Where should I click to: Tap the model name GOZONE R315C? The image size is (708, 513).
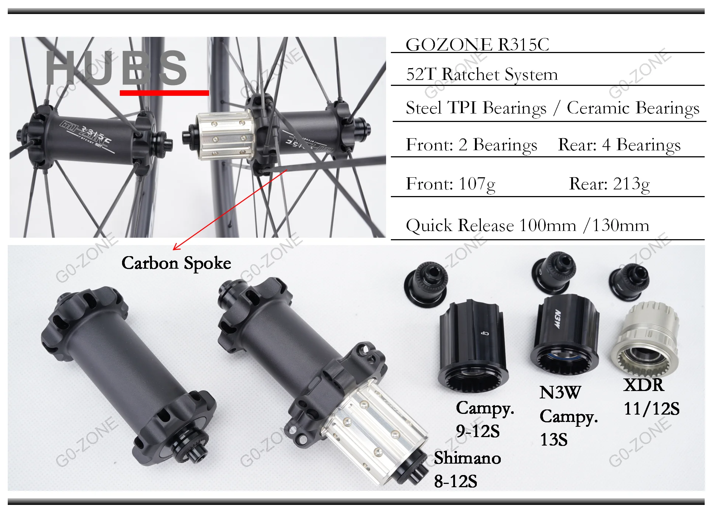click(x=477, y=45)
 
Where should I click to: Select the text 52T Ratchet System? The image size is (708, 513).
click(x=482, y=74)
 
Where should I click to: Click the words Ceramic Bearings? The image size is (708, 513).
click(x=633, y=108)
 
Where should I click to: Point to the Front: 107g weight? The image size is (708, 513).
click(x=450, y=184)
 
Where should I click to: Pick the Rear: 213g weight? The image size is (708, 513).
click(x=609, y=184)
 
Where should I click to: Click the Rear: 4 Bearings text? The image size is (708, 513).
click(x=619, y=145)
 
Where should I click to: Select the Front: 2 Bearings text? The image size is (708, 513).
click(x=471, y=145)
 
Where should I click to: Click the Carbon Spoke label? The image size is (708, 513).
click(x=176, y=263)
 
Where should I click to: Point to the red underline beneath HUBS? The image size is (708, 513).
click(x=164, y=93)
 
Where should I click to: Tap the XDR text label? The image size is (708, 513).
click(x=644, y=385)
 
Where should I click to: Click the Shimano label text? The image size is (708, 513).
click(x=467, y=458)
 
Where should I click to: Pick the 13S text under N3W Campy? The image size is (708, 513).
click(x=553, y=440)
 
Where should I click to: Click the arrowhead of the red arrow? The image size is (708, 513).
click(x=175, y=249)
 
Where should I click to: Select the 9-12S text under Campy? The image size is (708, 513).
click(x=478, y=431)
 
